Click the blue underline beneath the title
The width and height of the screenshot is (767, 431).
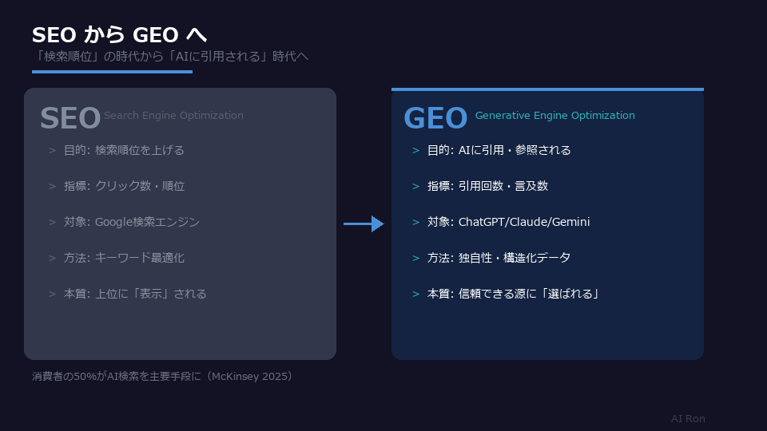point(112,72)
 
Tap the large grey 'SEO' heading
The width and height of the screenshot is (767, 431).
point(70,118)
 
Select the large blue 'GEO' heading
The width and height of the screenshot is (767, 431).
point(435,118)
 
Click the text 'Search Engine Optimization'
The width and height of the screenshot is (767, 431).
point(173,116)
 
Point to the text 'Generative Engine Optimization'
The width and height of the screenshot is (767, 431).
point(554,116)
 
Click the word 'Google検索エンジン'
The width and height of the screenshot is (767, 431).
point(147,222)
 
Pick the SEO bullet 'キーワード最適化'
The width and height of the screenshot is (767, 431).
point(140,258)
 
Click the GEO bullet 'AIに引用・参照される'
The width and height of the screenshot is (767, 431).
point(515,150)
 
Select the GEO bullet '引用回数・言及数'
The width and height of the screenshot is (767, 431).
point(503,186)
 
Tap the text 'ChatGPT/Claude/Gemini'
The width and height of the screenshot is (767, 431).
point(524,222)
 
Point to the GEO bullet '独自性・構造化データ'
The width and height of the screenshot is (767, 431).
point(514,258)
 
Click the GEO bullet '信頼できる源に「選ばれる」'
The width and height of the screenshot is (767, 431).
point(529,294)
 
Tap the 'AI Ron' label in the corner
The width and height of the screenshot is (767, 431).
point(688,419)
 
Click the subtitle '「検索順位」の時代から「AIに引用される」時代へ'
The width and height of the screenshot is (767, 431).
point(170,56)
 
